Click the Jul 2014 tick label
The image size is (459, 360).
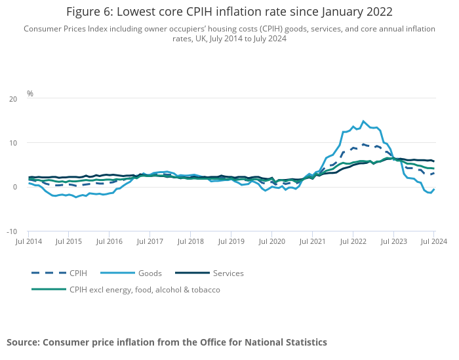point(29,242)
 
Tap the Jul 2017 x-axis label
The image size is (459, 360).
point(150,242)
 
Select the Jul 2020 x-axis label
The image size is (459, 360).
point(271,242)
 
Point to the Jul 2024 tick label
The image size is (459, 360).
point(433,242)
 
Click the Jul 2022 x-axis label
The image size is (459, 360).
point(353,242)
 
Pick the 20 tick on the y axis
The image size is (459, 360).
point(13,99)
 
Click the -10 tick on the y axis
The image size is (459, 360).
point(12,231)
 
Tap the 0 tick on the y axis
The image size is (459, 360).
point(15,188)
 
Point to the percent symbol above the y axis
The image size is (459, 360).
point(30,94)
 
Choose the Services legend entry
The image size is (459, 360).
point(228,273)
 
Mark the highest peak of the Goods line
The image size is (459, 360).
point(363,121)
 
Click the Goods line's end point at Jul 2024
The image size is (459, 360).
point(433,190)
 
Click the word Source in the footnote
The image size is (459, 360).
point(22,342)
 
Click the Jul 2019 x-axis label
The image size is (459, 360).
point(231,242)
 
